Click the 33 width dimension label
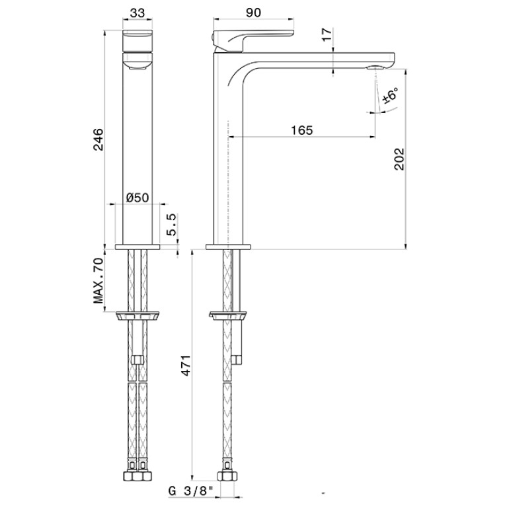click(137, 13)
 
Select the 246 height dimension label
click(98, 139)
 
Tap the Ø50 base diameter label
click(137, 197)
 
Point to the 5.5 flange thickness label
click(172, 224)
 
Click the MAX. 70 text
click(98, 281)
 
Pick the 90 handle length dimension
click(253, 13)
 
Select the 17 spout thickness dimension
click(327, 34)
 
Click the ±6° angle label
click(390, 95)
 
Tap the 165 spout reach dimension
click(302, 130)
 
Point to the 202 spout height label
click(399, 159)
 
